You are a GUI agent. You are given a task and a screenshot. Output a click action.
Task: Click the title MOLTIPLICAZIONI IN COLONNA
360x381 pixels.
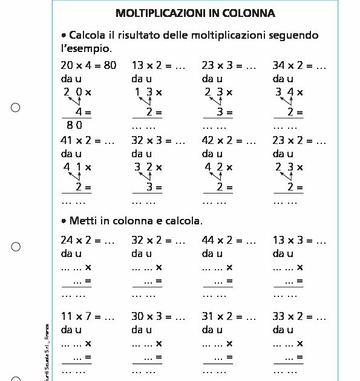tap(195, 13)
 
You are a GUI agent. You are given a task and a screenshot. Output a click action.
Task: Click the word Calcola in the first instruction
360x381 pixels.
tap(89, 35)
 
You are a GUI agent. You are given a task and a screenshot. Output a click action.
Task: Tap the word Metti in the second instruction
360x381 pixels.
tap(84, 221)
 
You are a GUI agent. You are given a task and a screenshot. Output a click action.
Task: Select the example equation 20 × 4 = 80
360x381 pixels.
tap(88, 65)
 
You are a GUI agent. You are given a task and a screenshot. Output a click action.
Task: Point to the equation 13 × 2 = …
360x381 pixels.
tap(158, 65)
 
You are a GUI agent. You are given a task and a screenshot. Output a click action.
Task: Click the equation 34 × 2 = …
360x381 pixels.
tap(299, 65)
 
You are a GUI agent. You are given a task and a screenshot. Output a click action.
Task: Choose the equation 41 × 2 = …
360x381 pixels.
tap(88, 141)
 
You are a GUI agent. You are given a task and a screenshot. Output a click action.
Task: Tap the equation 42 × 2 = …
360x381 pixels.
tap(229, 141)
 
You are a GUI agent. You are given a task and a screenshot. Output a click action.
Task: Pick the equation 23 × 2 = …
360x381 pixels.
tap(299, 141)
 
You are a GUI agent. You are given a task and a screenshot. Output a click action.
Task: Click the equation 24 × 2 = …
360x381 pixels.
tap(88, 240)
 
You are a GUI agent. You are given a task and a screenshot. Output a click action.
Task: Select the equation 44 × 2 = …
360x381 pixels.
tap(229, 240)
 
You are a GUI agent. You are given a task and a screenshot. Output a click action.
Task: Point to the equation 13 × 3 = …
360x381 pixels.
tap(299, 240)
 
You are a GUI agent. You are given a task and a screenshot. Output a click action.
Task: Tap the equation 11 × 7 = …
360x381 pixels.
tap(88, 316)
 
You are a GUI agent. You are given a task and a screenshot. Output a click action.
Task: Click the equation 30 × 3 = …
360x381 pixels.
tap(158, 316)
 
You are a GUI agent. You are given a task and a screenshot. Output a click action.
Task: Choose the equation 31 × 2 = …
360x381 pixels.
tap(229, 316)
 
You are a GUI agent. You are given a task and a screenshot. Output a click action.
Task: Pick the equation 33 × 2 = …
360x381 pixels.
tap(299, 316)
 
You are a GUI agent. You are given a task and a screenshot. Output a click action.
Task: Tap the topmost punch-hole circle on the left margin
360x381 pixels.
tap(16, 108)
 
